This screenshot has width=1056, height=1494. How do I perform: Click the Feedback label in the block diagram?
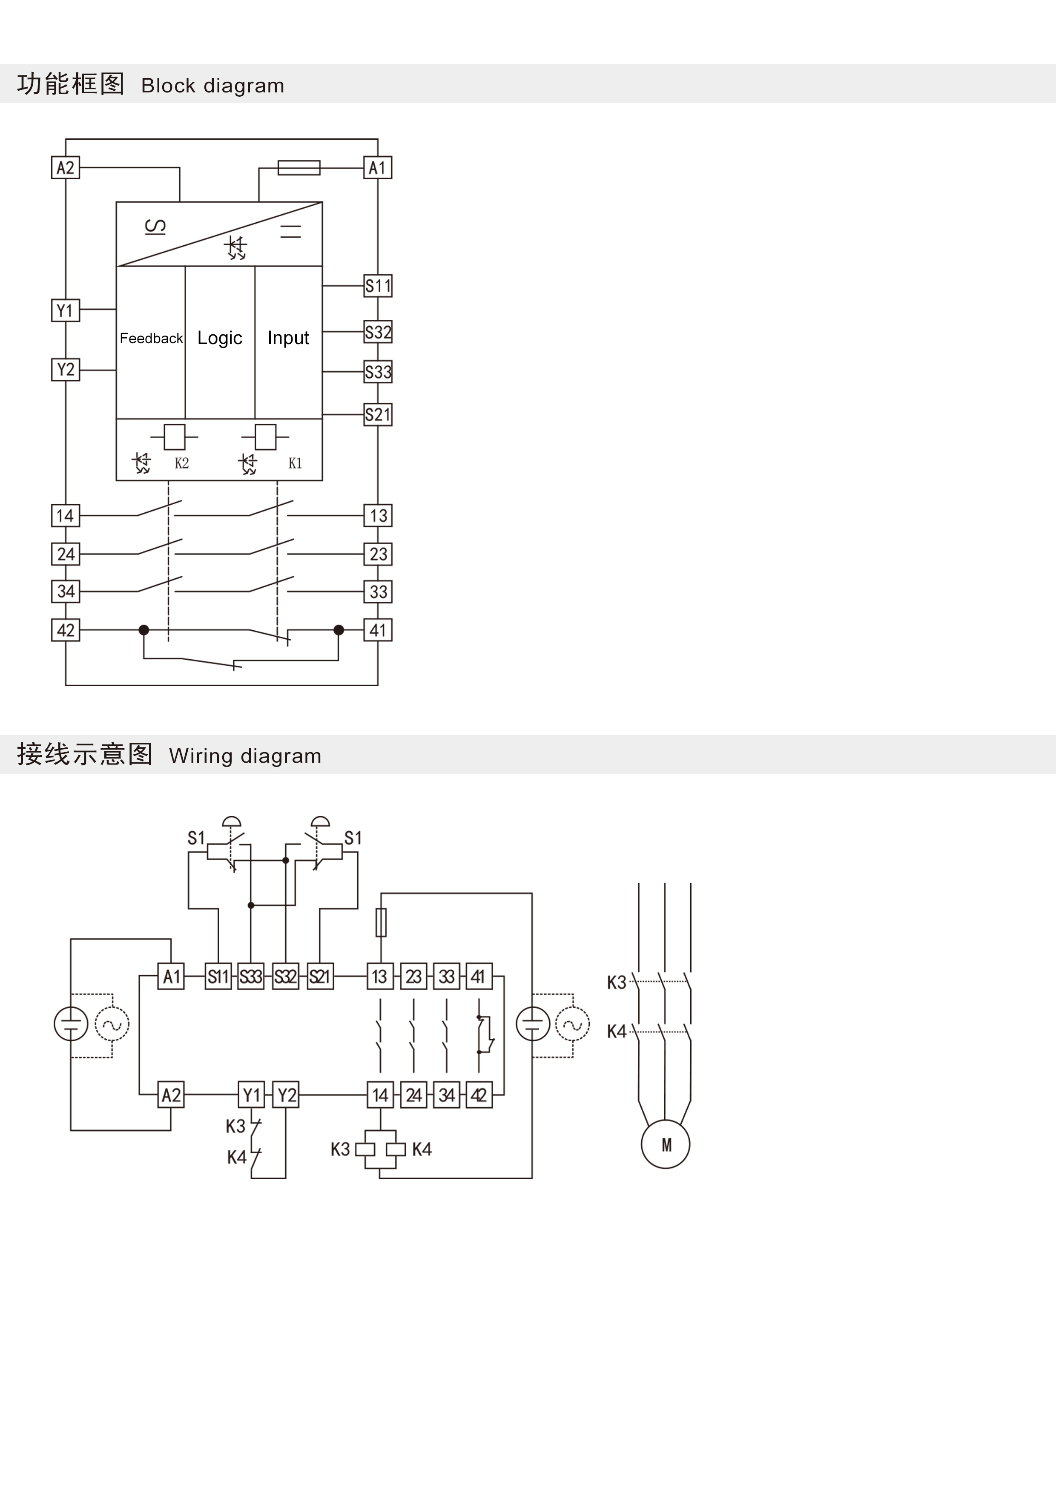pyautogui.click(x=151, y=338)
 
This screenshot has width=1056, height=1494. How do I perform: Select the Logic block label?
pyautogui.click(x=220, y=338)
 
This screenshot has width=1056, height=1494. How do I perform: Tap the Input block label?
pyautogui.click(x=288, y=338)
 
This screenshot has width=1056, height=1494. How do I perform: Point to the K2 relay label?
pyautogui.click(x=181, y=463)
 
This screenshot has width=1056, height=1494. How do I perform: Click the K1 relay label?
pyautogui.click(x=296, y=463)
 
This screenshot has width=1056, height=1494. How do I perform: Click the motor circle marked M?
pyautogui.click(x=666, y=1145)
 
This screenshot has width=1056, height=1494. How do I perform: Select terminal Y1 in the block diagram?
pyautogui.click(x=65, y=310)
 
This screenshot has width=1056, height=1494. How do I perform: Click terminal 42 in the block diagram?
pyautogui.click(x=65, y=630)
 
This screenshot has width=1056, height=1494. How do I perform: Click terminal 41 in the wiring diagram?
pyautogui.click(x=479, y=977)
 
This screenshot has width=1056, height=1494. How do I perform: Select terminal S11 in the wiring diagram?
pyautogui.click(x=218, y=977)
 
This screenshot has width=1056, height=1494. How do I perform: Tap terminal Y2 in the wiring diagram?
pyautogui.click(x=286, y=1095)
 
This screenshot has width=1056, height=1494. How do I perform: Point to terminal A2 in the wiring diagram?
pyautogui.click(x=171, y=1095)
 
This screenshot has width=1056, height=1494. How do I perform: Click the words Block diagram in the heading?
pyautogui.click(x=213, y=85)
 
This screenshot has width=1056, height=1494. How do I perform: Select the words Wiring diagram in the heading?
pyautogui.click(x=245, y=756)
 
